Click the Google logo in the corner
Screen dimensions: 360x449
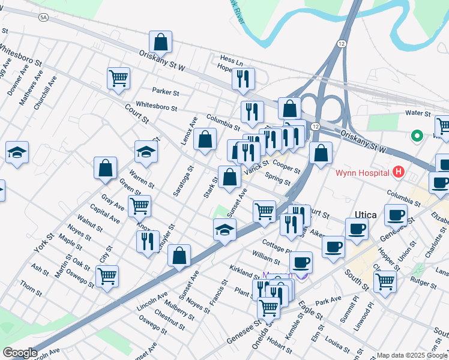20,353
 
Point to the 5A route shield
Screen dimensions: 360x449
43,18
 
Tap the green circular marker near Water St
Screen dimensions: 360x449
416,136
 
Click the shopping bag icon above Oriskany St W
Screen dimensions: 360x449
160,41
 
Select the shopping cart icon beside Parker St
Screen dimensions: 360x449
119,78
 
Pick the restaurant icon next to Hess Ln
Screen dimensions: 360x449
243,79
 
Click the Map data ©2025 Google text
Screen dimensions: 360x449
412,355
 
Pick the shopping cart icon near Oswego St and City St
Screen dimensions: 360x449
107,277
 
